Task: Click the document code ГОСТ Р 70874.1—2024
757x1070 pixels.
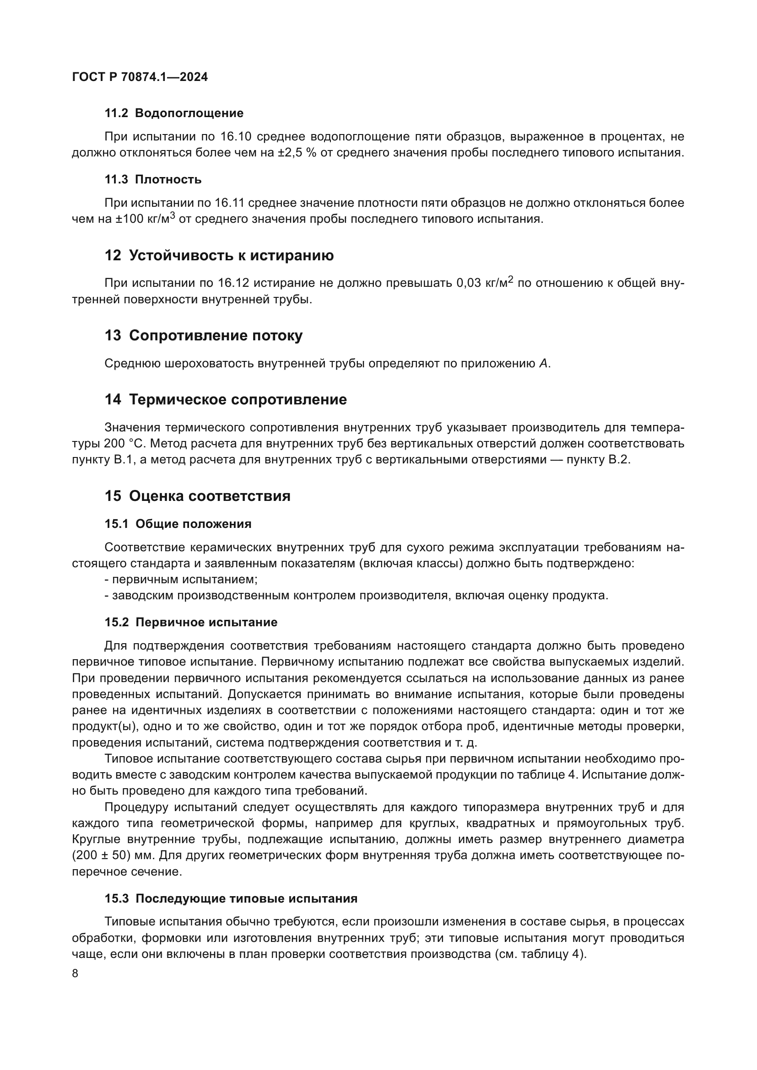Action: (x=140, y=77)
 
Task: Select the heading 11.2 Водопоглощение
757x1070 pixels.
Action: (x=173, y=113)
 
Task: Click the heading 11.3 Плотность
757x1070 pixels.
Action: (x=153, y=179)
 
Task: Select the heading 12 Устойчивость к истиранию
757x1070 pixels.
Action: (x=219, y=255)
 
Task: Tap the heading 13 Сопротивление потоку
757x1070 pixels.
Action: (x=203, y=335)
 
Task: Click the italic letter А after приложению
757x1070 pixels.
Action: (x=543, y=364)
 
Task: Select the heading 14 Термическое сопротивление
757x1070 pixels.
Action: (x=226, y=399)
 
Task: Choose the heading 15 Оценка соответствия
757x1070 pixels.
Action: (x=197, y=496)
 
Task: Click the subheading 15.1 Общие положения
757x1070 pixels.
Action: (x=178, y=524)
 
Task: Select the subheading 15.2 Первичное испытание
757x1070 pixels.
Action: (x=191, y=622)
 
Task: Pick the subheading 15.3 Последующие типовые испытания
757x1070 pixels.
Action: (x=231, y=898)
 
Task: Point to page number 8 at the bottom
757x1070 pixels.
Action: (x=75, y=974)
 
